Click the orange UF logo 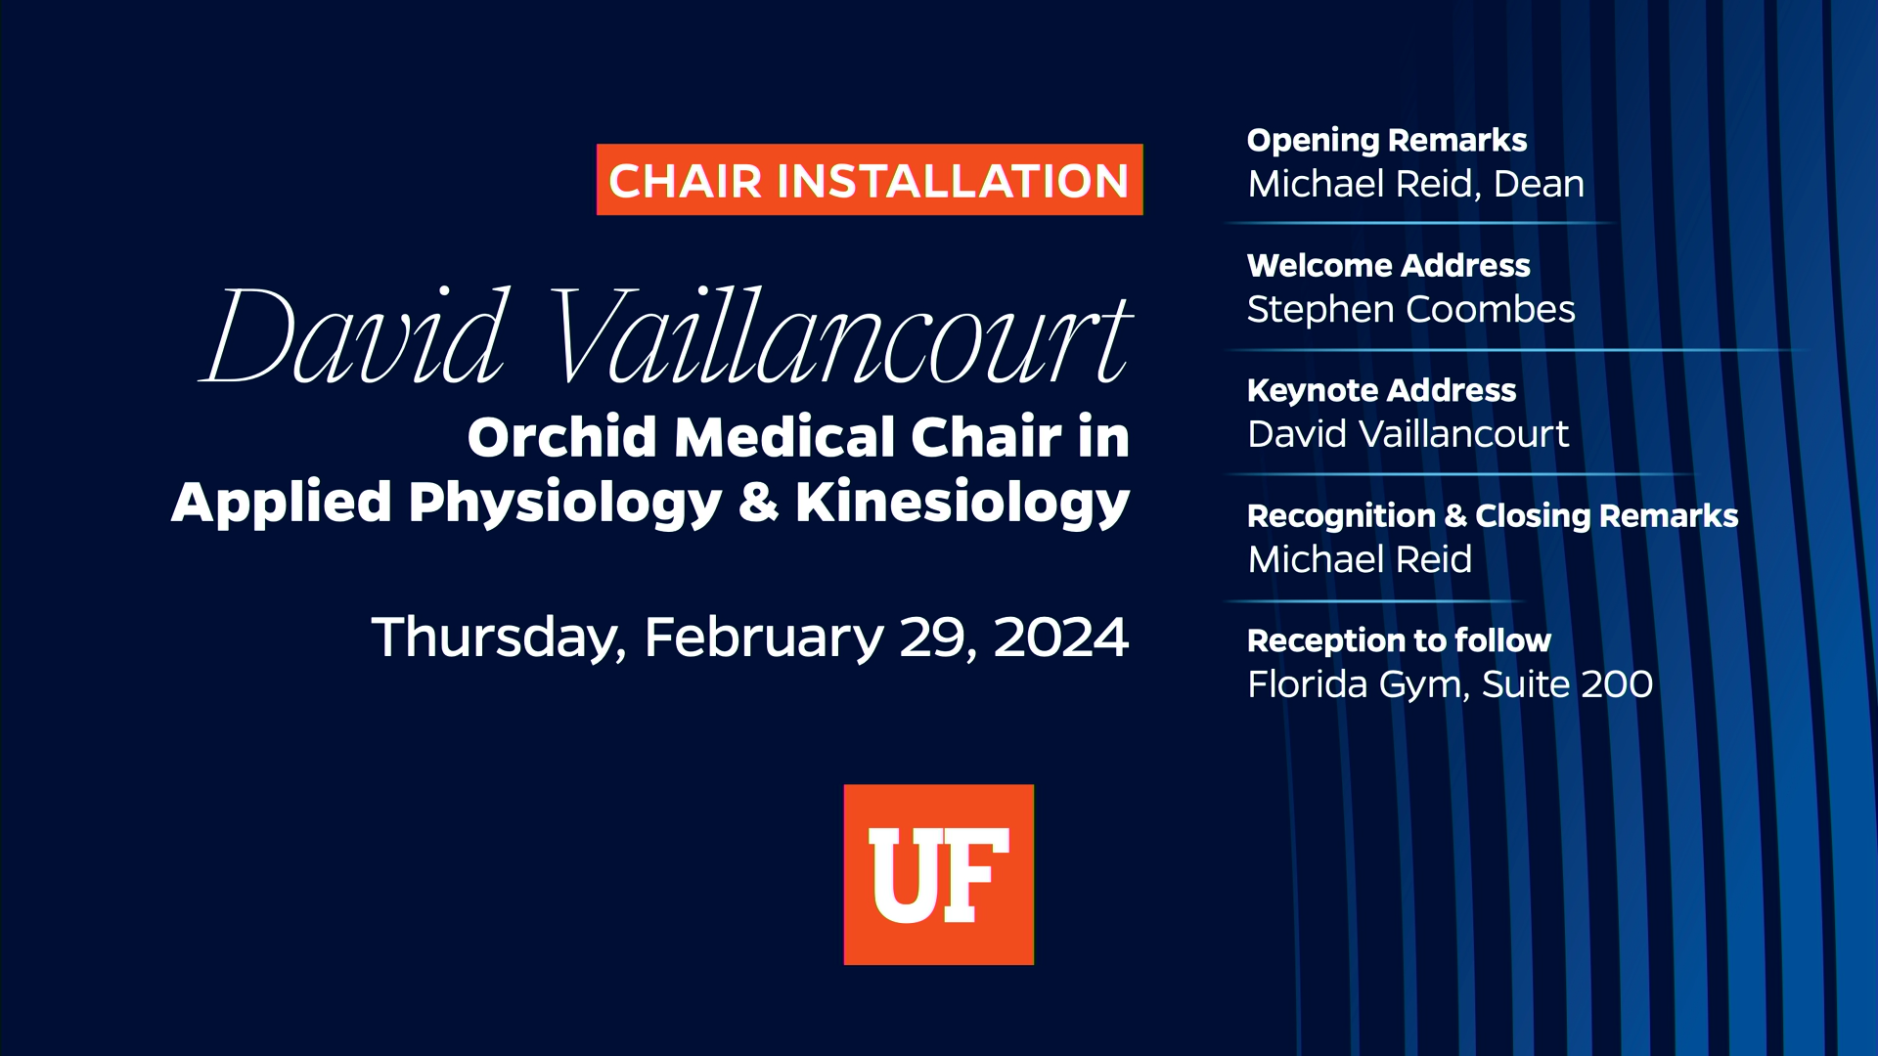(x=938, y=874)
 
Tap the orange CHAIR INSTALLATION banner (x=869, y=180)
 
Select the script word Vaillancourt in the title (x=839, y=337)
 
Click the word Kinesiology (x=961, y=504)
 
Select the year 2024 (x=1060, y=638)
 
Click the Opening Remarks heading (x=1386, y=141)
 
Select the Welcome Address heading (x=1388, y=266)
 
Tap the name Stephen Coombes (x=1410, y=310)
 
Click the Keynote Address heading (x=1381, y=391)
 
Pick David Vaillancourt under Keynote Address (x=1408, y=434)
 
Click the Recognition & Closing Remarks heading (x=1492, y=516)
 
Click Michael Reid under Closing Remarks (x=1360, y=559)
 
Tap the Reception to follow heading (x=1399, y=641)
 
